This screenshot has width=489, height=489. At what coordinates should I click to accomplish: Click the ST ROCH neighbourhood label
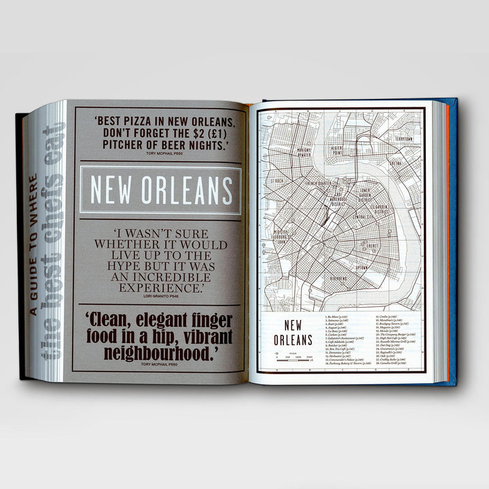point(278,181)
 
